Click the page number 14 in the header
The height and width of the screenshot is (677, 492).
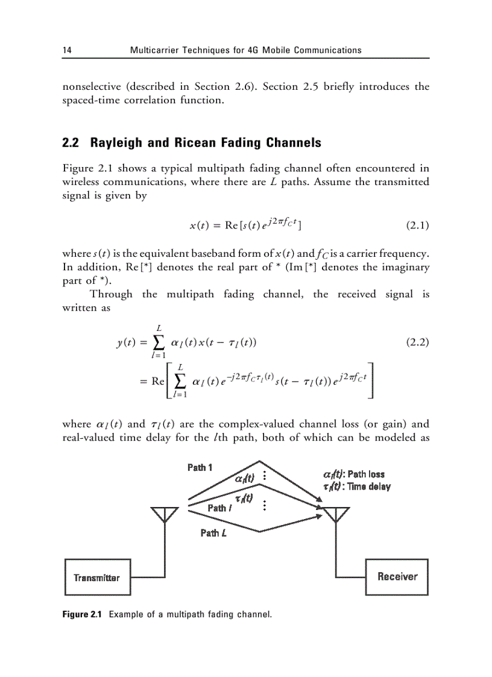(67, 50)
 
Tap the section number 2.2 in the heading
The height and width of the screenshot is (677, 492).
(72, 143)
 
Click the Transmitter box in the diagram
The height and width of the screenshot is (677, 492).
(96, 578)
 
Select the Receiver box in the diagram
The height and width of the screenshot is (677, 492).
(397, 577)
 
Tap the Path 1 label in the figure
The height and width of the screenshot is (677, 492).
(200, 467)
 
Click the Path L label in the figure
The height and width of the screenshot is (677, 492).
(210, 532)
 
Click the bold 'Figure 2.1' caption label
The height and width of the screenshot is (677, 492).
(83, 615)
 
